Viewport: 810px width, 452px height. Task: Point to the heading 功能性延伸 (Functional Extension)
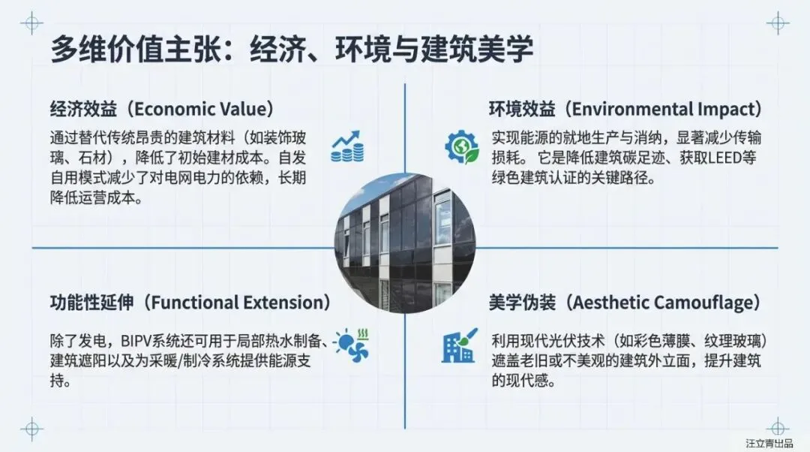(x=190, y=303)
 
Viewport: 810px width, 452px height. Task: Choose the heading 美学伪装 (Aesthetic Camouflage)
(x=625, y=303)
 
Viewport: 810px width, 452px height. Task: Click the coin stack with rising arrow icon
(x=346, y=147)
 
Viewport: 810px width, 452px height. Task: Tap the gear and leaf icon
(x=461, y=147)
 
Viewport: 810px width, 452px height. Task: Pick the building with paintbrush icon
(x=459, y=345)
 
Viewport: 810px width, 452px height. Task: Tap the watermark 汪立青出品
(x=769, y=443)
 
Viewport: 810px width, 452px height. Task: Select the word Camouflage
(x=703, y=303)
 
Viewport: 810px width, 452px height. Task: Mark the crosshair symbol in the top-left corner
(x=31, y=23)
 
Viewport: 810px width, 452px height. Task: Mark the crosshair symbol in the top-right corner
(x=778, y=23)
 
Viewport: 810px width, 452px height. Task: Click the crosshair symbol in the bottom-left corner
(x=31, y=429)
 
